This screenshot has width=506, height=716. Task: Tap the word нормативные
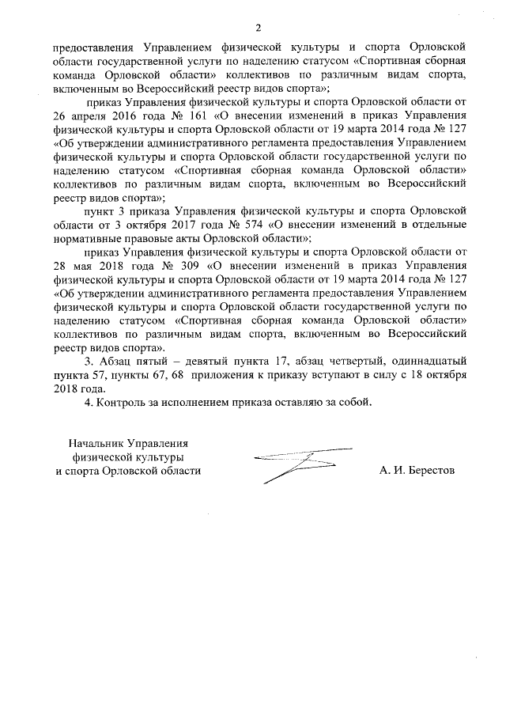[86, 237]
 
